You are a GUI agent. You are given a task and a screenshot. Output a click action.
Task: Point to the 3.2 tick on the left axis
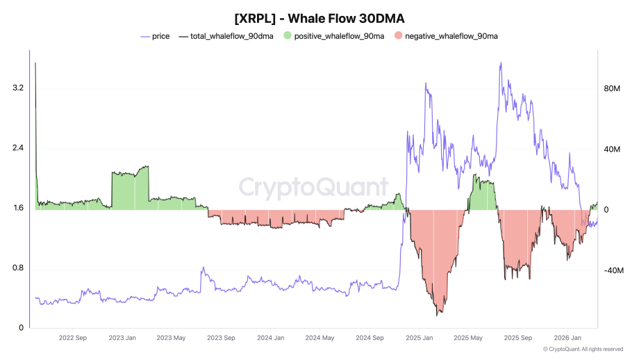tap(18, 88)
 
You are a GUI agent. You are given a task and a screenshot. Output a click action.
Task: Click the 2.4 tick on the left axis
tap(18, 148)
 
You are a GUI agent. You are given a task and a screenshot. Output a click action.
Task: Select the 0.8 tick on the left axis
tap(18, 268)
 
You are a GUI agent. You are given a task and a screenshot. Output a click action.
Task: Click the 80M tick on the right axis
tap(612, 89)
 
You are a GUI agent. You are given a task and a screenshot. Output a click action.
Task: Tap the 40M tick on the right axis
tap(612, 149)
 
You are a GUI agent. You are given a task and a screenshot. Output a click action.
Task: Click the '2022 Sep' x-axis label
tap(73, 338)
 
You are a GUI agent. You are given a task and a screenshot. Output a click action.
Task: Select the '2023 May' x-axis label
tap(171, 338)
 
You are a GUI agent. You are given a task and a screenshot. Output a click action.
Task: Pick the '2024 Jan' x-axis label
tap(271, 338)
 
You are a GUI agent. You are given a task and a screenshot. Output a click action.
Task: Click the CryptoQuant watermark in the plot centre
tap(314, 188)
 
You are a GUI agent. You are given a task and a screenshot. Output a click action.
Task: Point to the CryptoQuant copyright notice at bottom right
tap(583, 350)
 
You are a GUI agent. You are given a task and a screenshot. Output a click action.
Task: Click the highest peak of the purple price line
tap(500, 63)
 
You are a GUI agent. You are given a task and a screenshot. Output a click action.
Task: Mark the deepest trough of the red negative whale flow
tap(437, 316)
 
